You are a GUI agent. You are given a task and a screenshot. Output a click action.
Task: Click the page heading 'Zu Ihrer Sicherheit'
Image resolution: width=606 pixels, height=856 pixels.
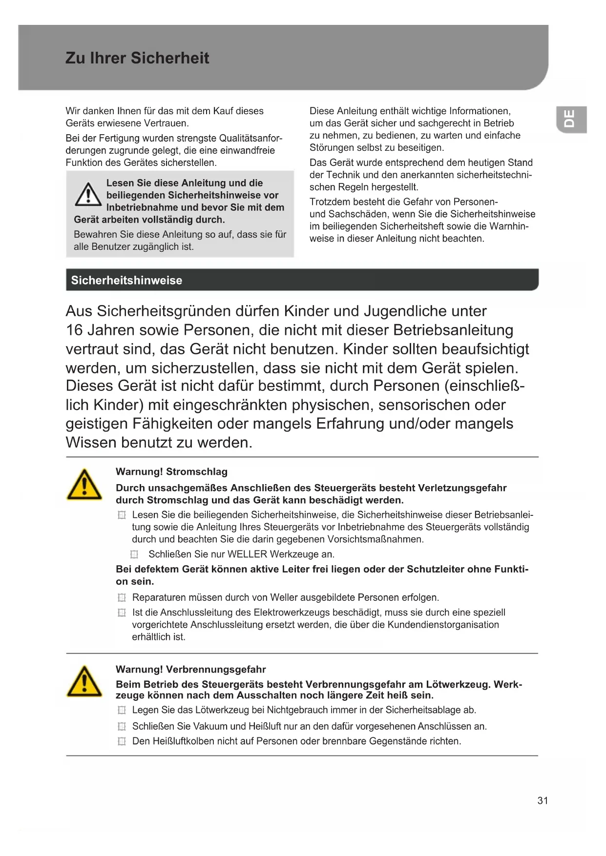pos(137,58)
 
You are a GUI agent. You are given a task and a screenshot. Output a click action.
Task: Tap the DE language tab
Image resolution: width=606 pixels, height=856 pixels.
pos(570,119)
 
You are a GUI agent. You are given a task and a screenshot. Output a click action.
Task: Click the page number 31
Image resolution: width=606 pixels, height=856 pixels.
pos(543,800)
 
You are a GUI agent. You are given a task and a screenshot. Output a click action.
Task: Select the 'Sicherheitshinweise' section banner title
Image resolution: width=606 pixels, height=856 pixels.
pos(126,280)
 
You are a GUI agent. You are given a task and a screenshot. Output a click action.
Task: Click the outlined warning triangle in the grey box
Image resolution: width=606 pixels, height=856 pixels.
pos(88,195)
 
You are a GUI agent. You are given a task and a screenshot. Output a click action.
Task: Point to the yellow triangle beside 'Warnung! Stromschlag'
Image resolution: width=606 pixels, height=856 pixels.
pos(84,485)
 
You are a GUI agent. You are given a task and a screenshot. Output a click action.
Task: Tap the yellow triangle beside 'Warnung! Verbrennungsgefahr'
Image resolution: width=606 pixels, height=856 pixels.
pos(84,682)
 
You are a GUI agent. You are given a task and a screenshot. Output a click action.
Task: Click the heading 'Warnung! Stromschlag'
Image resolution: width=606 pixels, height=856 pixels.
pos(171,472)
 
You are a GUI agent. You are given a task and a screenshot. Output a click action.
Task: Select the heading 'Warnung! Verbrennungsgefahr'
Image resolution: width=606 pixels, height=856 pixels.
pos(190,670)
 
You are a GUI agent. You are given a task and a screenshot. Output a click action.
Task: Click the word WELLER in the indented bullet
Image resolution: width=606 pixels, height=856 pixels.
pos(247,554)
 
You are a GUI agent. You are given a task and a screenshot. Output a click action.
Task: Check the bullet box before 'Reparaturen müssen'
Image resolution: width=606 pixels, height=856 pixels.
pos(122,598)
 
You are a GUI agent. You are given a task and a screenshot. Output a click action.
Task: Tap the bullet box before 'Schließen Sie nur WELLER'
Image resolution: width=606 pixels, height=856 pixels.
pos(134,554)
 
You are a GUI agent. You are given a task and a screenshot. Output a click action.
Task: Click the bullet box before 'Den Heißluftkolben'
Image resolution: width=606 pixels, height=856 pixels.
pos(122,742)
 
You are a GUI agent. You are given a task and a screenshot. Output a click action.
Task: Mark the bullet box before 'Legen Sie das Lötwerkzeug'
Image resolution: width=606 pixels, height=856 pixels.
pos(122,711)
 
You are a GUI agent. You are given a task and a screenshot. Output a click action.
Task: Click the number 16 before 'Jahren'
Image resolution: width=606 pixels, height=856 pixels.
pos(74,330)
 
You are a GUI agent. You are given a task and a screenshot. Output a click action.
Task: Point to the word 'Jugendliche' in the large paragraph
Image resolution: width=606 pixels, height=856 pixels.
pos(405,311)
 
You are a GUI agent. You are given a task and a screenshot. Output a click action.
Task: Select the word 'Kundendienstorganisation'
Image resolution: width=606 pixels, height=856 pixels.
pos(443,625)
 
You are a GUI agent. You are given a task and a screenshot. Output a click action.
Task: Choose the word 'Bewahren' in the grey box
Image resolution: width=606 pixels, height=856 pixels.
pos(94,235)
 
